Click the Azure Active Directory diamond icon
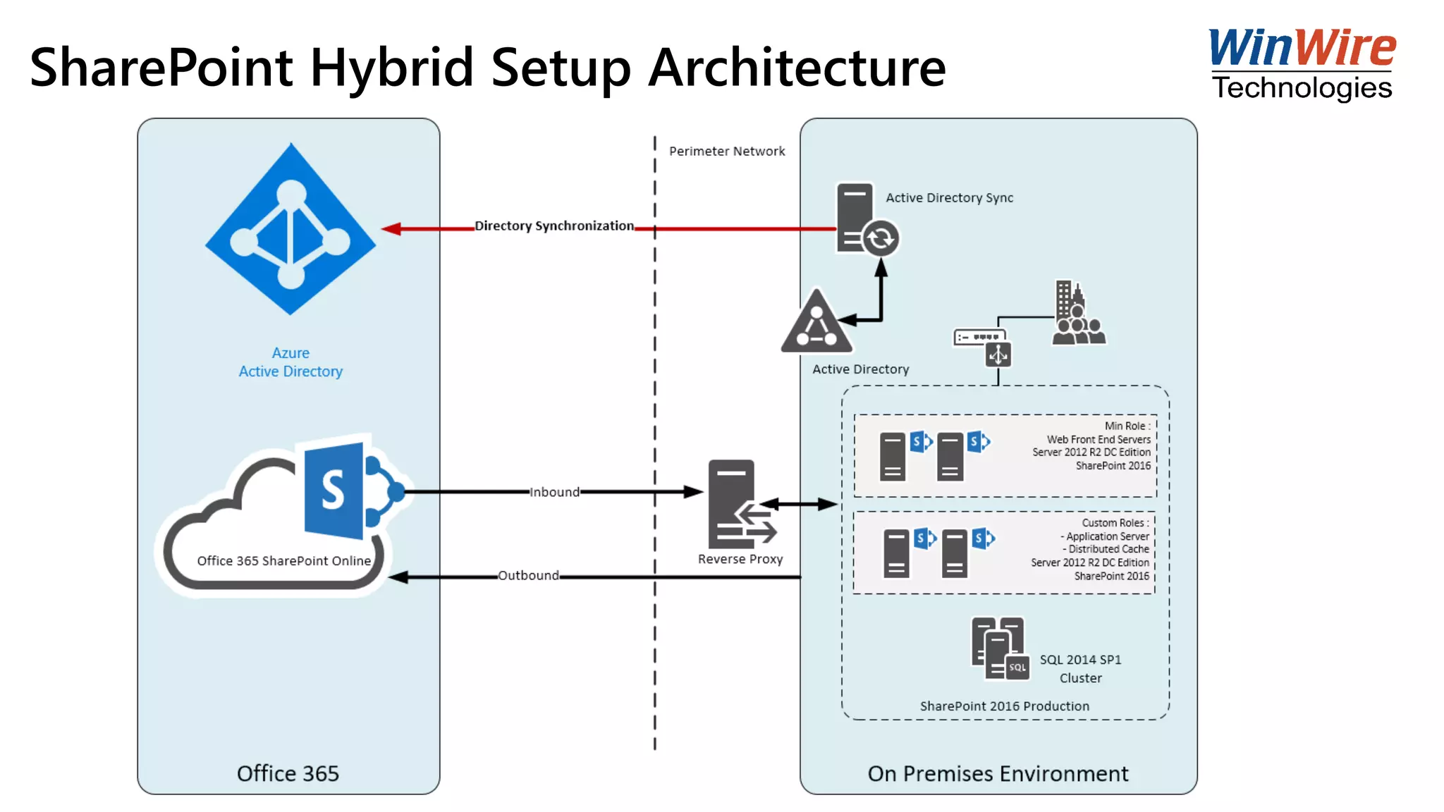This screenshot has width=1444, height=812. point(290,230)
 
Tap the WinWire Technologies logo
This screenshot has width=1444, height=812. point(1302,65)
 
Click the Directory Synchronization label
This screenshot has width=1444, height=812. point(554,226)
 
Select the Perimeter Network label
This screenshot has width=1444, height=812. point(726,151)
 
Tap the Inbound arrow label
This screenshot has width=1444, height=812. point(554,492)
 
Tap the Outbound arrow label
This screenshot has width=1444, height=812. point(528,575)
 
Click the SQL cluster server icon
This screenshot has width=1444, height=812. point(999,648)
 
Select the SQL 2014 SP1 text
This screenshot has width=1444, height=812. point(1080,660)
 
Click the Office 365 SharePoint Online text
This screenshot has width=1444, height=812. point(283,561)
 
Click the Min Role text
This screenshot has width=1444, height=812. point(1127,426)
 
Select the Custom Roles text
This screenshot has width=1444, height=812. point(1115,523)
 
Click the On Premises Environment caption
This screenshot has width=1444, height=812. point(998,773)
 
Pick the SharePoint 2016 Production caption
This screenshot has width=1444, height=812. point(1004,706)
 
